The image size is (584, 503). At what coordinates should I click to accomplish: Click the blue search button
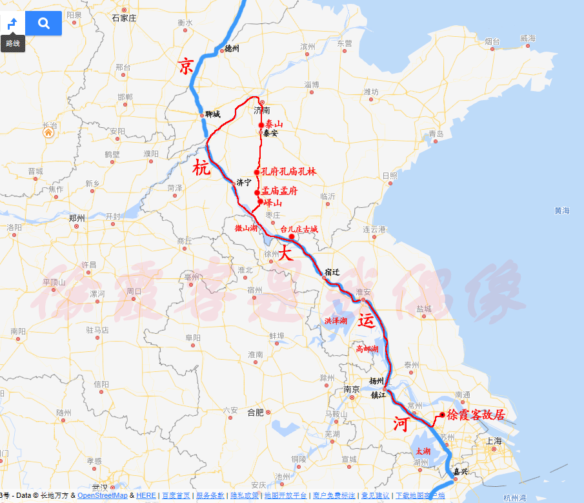[44, 23]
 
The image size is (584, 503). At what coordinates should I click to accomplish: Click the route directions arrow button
[12, 24]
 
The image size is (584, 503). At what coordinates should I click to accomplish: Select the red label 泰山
[274, 124]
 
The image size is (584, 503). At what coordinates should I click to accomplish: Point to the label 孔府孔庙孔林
[288, 172]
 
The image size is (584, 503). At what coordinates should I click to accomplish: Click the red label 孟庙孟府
[279, 192]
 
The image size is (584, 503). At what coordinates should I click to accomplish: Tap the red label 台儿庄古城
[299, 229]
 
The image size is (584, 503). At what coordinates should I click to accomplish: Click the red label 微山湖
[246, 229]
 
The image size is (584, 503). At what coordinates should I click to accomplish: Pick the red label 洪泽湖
[336, 321]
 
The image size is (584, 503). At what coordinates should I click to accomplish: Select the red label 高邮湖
[367, 349]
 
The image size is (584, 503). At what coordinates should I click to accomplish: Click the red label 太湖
[423, 451]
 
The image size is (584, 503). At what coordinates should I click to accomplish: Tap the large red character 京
[186, 67]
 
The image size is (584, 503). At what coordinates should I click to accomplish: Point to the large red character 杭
[201, 169]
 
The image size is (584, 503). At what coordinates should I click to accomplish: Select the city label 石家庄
[124, 18]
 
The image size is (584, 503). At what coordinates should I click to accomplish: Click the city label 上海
[494, 441]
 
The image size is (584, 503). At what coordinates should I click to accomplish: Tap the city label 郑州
[76, 218]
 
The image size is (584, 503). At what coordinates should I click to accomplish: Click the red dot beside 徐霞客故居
[442, 415]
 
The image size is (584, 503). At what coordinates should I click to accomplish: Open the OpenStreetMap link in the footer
[103, 495]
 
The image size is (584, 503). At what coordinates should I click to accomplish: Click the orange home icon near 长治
[48, 133]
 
